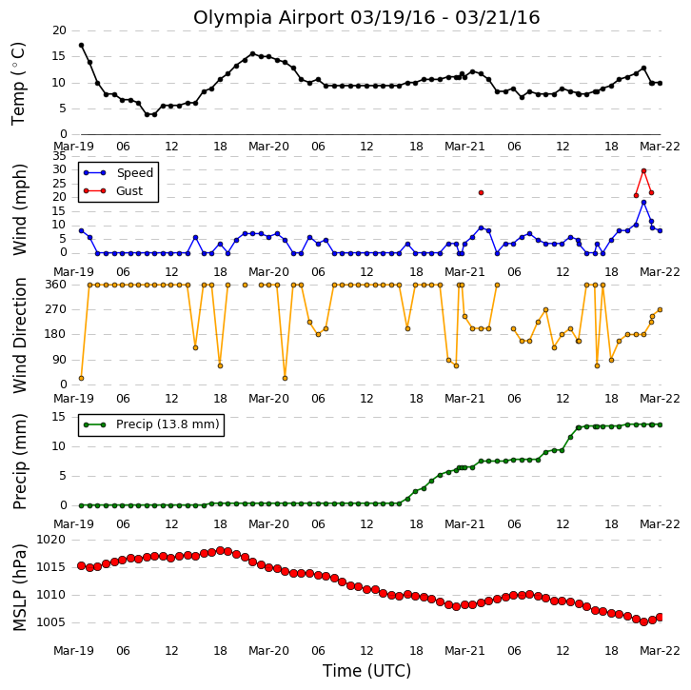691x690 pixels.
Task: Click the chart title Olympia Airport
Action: [269, 18]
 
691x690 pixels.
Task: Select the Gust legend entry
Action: [113, 190]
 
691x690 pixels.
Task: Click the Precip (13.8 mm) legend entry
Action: [151, 424]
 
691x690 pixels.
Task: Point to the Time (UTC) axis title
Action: [366, 671]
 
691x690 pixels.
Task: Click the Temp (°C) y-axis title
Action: [18, 84]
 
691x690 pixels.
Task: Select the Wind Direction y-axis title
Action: [20, 335]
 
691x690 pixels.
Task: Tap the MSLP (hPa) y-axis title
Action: [20, 587]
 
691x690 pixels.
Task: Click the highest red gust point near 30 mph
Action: [643, 171]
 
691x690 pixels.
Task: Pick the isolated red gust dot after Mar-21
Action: [482, 193]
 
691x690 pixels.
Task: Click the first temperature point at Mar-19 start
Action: [81, 46]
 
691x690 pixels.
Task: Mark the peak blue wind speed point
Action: [643, 202]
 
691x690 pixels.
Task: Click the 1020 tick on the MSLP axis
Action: [50, 540]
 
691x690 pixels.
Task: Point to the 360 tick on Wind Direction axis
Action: [56, 285]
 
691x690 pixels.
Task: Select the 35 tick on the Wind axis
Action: [60, 156]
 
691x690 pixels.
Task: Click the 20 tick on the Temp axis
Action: [60, 30]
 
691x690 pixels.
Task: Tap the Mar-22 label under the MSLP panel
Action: [660, 651]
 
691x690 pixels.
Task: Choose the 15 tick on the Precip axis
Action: [60, 417]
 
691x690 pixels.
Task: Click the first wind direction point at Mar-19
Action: [81, 379]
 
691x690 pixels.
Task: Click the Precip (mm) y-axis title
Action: [20, 462]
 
